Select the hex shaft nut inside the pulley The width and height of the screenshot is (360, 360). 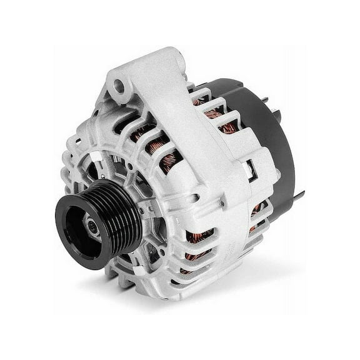tap(92, 227)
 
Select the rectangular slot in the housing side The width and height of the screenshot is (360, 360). tap(249, 167)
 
